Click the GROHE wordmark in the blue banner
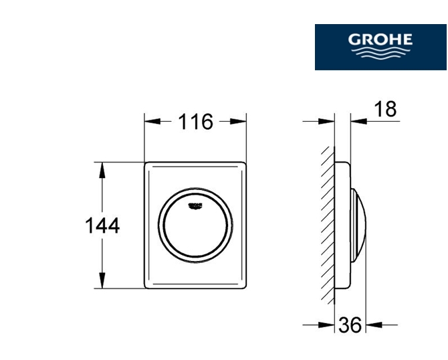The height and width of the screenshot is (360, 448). point(380,39)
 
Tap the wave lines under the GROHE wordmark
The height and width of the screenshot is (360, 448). point(380,53)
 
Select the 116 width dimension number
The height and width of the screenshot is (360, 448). point(196,122)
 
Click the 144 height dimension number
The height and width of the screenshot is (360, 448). point(102,226)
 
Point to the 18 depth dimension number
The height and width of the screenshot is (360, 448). point(385,109)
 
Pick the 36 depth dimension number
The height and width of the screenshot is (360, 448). point(350,325)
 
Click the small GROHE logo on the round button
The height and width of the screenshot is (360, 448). point(195,206)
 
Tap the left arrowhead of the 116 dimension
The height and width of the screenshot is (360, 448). point(152,122)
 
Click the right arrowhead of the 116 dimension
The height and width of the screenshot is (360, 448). point(238,122)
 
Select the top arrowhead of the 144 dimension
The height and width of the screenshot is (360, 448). point(102,170)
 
